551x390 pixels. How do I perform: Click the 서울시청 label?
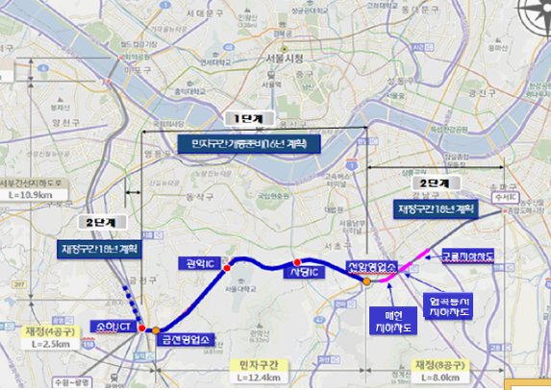[x=285, y=59]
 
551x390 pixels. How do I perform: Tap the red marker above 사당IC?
[x=297, y=260]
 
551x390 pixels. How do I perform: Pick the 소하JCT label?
[x=112, y=328]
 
